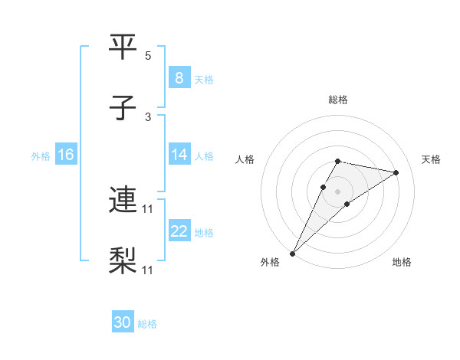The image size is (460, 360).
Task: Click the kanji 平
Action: click(x=123, y=47)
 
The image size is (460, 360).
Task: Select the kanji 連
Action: click(x=123, y=201)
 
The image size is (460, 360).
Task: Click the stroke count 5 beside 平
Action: click(x=148, y=56)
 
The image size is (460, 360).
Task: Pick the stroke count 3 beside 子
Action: click(x=148, y=117)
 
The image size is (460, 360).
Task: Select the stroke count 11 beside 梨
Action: click(x=149, y=270)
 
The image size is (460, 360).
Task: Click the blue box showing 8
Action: click(x=179, y=77)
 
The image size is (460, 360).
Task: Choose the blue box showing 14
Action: click(x=179, y=155)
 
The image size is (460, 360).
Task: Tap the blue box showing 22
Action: click(x=179, y=231)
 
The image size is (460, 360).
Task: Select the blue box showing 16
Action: click(x=65, y=155)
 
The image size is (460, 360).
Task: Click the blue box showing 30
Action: click(x=123, y=323)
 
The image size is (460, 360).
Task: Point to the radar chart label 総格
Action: click(x=338, y=100)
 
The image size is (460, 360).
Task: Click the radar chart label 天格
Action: click(x=431, y=159)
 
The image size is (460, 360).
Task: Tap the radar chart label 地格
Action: click(x=402, y=263)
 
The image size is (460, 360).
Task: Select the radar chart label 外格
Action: click(x=271, y=263)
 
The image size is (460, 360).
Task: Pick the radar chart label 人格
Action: click(x=245, y=159)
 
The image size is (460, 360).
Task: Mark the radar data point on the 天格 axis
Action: click(x=396, y=172)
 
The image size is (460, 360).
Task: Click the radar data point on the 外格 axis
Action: click(x=293, y=253)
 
